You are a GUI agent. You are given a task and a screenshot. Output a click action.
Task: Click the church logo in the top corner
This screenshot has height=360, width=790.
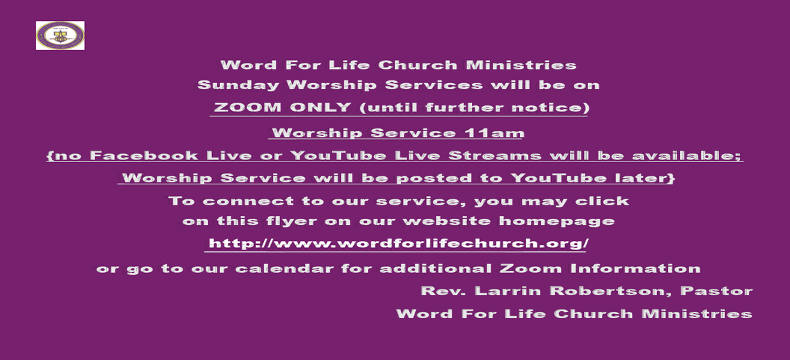pyautogui.click(x=60, y=35)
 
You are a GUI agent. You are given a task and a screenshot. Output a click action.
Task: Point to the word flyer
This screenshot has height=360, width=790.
pyautogui.click(x=287, y=222)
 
